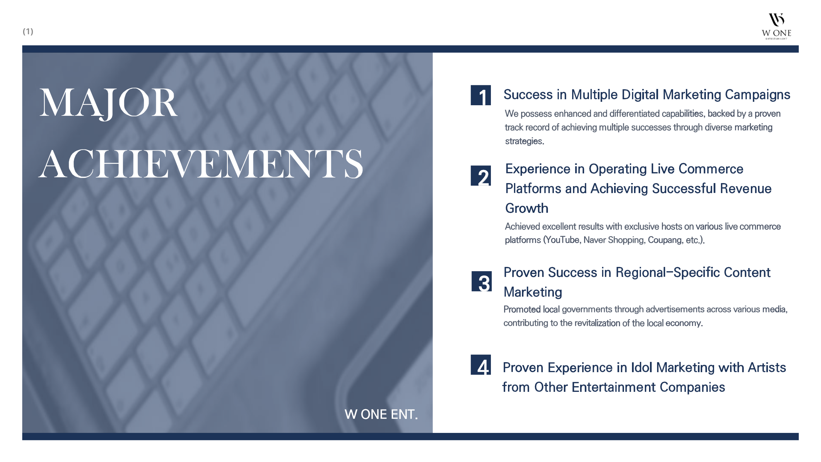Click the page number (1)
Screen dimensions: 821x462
click(x=28, y=31)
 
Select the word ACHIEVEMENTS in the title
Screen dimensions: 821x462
click(x=201, y=164)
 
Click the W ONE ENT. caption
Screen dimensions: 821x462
click(x=381, y=414)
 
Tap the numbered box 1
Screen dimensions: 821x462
click(x=481, y=95)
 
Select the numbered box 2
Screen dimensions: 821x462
click(x=481, y=175)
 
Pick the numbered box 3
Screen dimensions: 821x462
click(x=481, y=281)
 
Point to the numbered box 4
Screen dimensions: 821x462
click(x=481, y=364)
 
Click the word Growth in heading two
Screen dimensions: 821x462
click(x=527, y=208)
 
